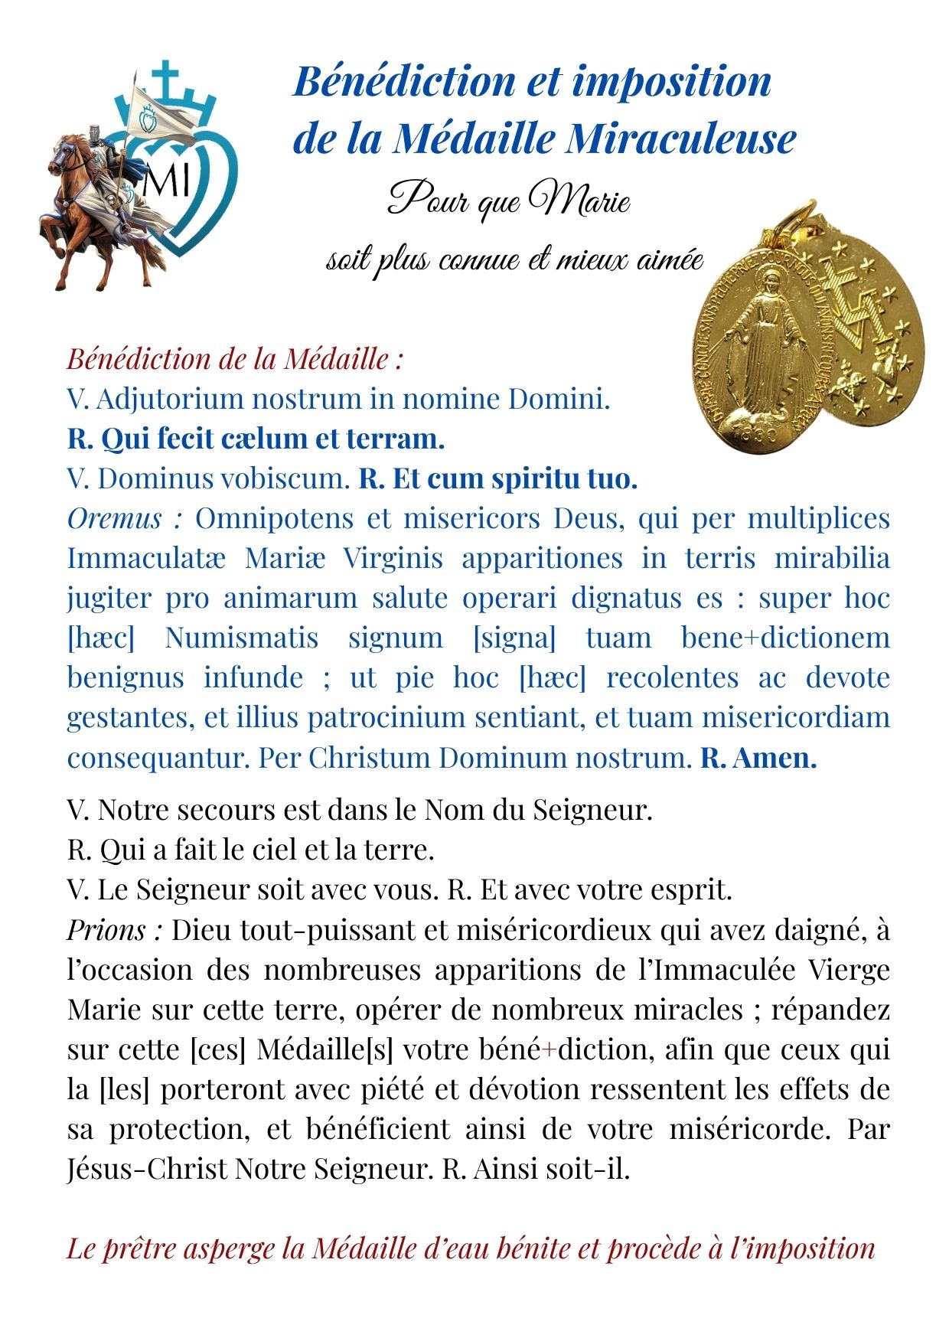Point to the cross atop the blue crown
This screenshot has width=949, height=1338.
coord(165,78)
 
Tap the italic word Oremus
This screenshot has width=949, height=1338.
coord(114,518)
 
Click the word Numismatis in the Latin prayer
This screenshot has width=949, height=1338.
coord(241,638)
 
